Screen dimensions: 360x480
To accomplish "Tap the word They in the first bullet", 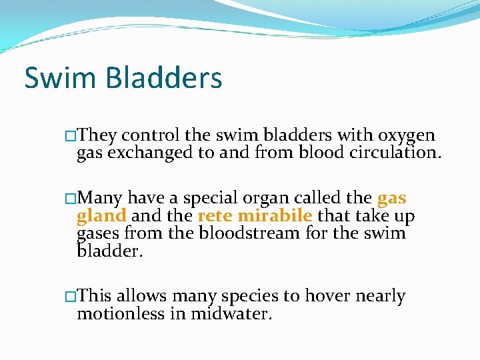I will coord(97,136).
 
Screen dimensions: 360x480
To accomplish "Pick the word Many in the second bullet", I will coord(100,199).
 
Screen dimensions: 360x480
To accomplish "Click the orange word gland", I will coord(102,216).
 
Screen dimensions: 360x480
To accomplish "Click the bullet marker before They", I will coord(71,137).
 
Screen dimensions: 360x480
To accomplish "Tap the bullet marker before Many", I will coord(71,199).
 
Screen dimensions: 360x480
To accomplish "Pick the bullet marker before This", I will coord(71,297).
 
